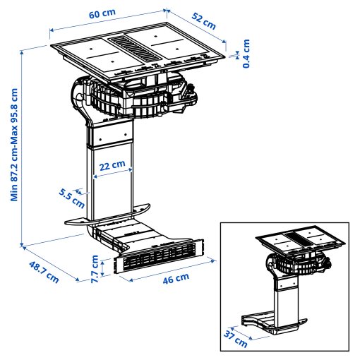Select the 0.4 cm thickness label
[246, 53]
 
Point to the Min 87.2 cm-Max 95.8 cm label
[14, 144]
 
